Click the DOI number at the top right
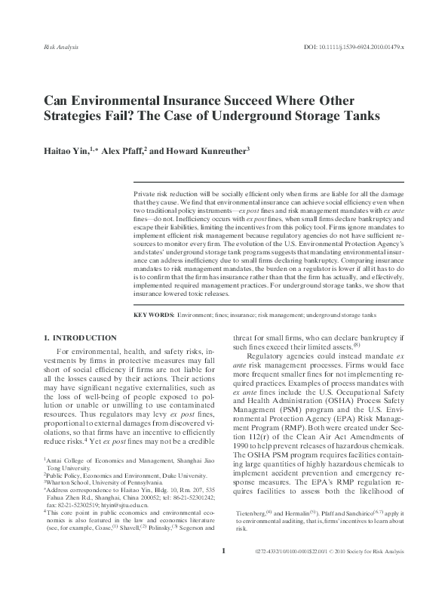tap(355, 47)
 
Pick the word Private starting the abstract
tap(146, 195)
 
